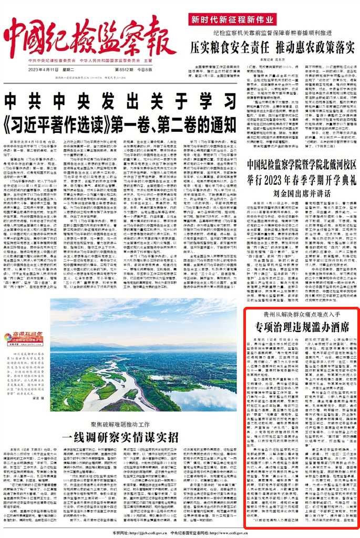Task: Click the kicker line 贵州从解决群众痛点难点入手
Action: (x=302, y=314)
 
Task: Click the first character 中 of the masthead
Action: (x=19, y=38)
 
